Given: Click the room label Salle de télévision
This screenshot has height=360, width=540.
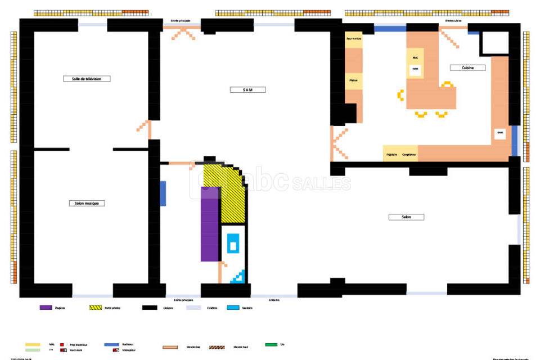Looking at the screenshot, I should point(87,79).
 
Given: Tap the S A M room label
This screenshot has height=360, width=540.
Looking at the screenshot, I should point(247,90).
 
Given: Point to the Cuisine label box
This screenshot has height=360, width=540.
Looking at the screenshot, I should point(467,68).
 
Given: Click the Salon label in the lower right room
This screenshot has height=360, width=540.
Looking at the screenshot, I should point(406,217).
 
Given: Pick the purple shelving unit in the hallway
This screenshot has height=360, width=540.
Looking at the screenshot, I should point(210,223).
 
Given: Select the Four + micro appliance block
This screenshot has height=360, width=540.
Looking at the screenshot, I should point(353,39).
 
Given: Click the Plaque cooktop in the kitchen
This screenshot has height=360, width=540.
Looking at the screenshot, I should point(353,80).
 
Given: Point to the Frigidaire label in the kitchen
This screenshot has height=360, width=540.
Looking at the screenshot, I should point(391,154).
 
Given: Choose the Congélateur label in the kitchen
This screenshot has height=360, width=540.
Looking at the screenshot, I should point(409,154).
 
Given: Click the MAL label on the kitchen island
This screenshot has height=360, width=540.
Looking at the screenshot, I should point(415,58).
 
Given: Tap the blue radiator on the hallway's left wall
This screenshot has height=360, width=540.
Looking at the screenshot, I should point(163,193).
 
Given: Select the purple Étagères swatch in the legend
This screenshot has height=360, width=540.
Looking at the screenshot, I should point(46,308).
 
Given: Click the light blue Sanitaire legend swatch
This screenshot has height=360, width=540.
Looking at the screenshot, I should point(233,308).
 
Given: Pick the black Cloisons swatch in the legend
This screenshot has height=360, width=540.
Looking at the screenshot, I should point(149,308).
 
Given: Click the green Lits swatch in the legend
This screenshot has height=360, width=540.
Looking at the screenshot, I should point(271,344).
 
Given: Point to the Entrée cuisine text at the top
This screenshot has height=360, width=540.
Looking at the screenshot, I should point(453,21).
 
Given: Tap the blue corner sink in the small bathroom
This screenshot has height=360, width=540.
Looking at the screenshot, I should point(239,276).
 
